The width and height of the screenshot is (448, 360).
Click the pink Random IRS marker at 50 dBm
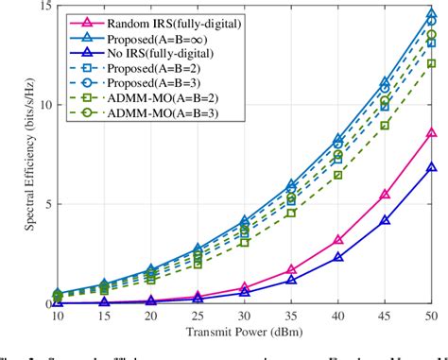click(x=432, y=134)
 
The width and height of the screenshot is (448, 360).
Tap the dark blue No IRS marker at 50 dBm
click(x=432, y=168)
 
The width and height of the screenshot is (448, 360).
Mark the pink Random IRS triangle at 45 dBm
click(x=385, y=195)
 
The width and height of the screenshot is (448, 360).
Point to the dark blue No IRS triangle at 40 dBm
click(x=337, y=257)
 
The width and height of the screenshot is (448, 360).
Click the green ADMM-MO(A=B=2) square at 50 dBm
click(x=432, y=64)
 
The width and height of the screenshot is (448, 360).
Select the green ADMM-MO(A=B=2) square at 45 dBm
click(x=385, y=125)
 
